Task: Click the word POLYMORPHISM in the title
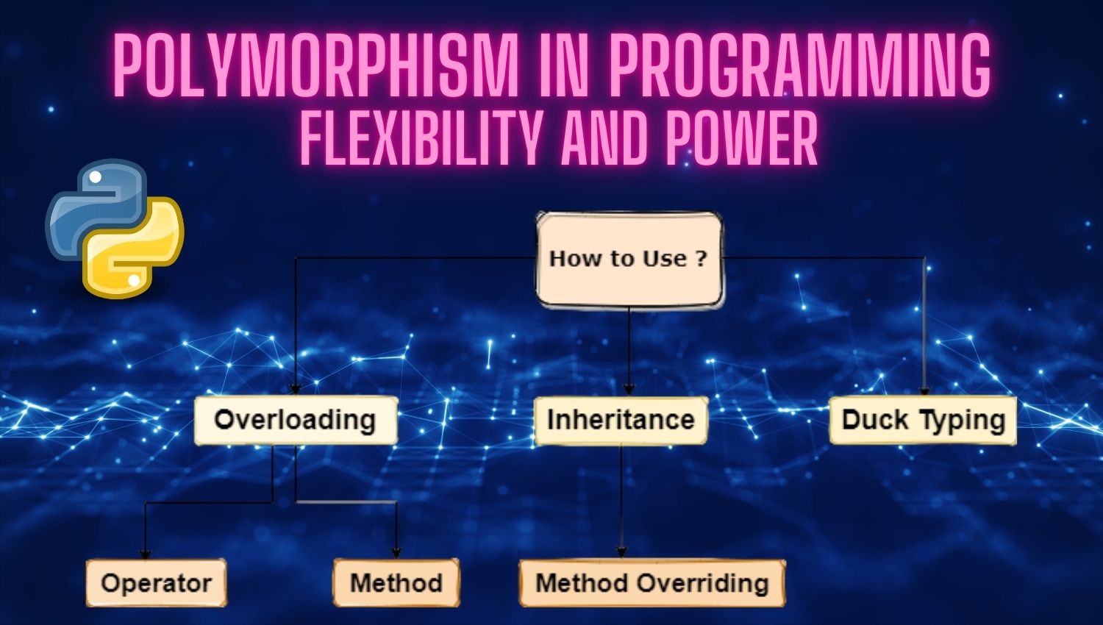tap(315, 65)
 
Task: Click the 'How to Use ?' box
tap(629, 260)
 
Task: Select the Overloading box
tap(296, 420)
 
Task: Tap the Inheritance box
tap(621, 420)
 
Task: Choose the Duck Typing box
tap(923, 420)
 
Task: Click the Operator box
tap(156, 582)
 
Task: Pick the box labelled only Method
tap(396, 582)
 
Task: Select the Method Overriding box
tap(652, 582)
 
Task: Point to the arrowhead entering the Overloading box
tap(296, 390)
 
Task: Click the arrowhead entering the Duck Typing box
tap(924, 390)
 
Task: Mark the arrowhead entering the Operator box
tap(145, 554)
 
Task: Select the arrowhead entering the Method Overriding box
tap(621, 553)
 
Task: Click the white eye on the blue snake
tap(96, 176)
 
